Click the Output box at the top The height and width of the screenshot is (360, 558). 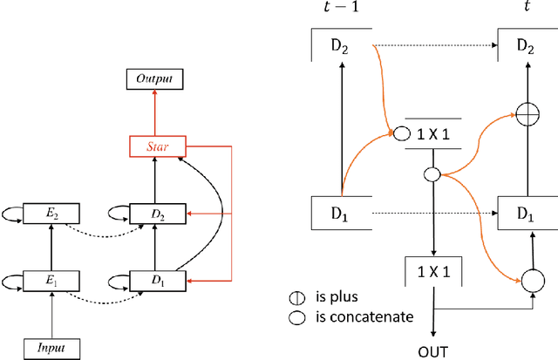(154, 79)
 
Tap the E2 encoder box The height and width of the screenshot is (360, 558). (54, 212)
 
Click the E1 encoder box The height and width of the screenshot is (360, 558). (54, 281)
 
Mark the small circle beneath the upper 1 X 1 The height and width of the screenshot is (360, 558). (431, 173)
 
